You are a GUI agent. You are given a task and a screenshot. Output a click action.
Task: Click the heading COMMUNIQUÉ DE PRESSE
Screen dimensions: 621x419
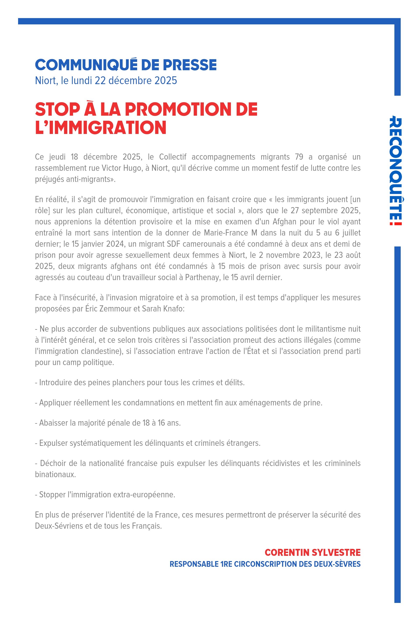tap(126, 65)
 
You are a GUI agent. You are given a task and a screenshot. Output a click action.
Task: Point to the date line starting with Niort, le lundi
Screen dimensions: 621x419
tap(106, 80)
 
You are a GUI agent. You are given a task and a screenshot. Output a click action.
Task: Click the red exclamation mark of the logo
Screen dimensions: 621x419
tap(395, 221)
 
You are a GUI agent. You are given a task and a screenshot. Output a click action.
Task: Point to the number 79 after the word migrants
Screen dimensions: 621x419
tap(299, 157)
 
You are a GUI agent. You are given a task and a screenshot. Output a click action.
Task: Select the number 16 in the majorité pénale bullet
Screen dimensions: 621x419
tap(161, 423)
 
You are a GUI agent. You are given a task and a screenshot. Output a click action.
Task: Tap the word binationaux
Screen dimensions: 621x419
tap(55, 474)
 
